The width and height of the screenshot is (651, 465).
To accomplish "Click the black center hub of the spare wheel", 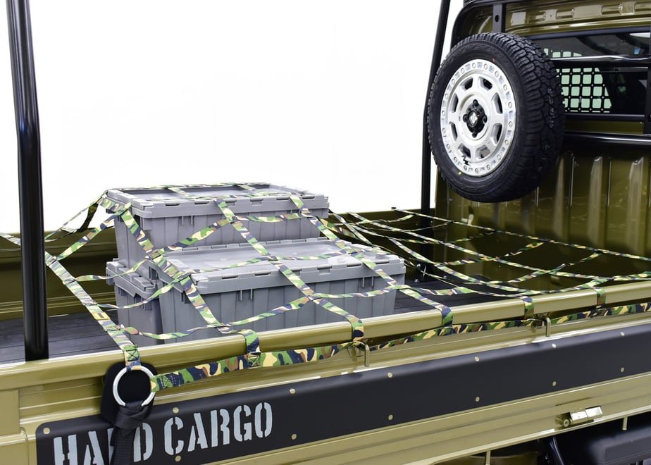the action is pos(475,118).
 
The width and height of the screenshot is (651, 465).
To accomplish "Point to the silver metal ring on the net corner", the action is pos(134,386).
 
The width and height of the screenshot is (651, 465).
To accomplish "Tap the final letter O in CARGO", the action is pos(263,421).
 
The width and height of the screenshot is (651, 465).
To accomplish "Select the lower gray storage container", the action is pos(255,287).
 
